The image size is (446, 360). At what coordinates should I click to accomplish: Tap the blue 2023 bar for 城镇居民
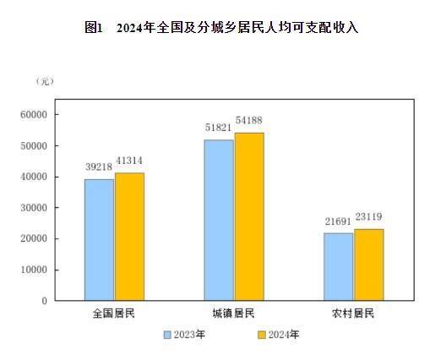point(219,220)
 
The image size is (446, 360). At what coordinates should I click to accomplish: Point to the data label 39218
point(99,167)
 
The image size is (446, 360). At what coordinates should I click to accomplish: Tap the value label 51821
point(219,128)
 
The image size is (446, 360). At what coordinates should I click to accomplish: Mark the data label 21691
point(339,221)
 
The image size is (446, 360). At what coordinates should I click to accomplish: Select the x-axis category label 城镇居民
point(234,314)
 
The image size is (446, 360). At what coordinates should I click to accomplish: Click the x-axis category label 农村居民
point(353,314)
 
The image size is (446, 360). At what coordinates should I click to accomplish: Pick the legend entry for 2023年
point(185,335)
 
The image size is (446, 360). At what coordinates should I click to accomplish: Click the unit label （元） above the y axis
point(45,81)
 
